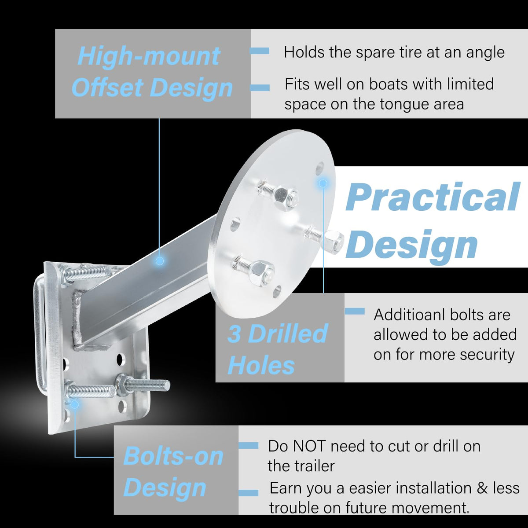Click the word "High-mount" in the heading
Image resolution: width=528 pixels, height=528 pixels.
click(149, 56)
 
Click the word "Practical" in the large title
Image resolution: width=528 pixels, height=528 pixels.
click(433, 197)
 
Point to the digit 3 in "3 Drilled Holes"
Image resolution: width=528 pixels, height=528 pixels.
click(234, 334)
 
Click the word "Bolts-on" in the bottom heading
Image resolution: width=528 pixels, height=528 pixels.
click(173, 456)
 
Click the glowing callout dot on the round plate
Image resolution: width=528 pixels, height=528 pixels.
click(323, 183)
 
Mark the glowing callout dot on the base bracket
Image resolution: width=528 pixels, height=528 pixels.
click(75, 404)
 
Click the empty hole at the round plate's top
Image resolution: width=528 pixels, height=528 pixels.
click(319, 168)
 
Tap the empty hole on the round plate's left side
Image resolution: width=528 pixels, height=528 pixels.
click(235, 224)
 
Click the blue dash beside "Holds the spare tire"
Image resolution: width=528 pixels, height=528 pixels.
click(260, 51)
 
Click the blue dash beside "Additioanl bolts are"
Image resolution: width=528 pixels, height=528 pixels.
click(355, 311)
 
